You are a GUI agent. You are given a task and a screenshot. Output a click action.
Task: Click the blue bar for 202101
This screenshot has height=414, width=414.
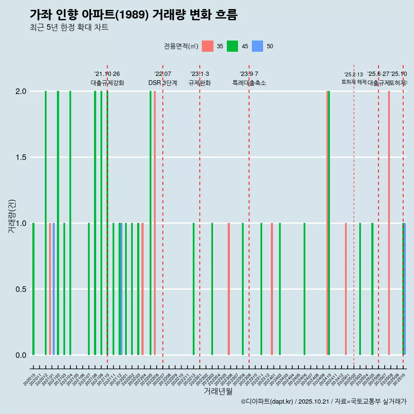[53, 289]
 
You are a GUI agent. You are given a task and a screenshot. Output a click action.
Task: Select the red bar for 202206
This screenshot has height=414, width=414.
[155, 223]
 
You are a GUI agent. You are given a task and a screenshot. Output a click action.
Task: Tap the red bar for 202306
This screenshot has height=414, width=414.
[229, 289]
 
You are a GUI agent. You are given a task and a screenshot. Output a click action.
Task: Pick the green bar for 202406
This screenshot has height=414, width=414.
[304, 289]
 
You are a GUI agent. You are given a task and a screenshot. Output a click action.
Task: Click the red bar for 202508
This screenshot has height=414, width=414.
[389, 223]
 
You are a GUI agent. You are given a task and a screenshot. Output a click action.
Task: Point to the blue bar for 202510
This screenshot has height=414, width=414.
[405, 289]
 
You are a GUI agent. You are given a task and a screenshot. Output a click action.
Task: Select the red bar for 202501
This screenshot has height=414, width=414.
[346, 289]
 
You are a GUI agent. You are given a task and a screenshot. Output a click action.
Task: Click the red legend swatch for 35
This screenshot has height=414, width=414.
[207, 46]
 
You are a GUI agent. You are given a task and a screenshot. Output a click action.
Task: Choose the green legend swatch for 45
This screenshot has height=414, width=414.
[232, 46]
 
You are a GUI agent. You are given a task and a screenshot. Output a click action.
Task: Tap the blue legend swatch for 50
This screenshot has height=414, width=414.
[257, 46]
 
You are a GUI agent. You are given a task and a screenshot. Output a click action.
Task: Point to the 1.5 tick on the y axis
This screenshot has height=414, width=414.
[21, 157]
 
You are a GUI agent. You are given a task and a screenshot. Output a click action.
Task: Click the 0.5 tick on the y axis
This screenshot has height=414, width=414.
[21, 289]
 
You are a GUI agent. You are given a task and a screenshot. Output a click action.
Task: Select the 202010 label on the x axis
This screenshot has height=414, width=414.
[30, 381]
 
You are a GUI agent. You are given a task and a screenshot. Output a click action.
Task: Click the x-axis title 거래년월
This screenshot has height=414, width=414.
[218, 391]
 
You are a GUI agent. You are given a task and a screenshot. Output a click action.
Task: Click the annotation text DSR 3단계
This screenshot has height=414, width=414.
[163, 83]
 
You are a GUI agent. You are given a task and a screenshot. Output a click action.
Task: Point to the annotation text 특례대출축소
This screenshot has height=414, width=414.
[249, 83]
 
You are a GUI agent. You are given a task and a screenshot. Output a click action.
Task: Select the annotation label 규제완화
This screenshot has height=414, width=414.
[200, 83]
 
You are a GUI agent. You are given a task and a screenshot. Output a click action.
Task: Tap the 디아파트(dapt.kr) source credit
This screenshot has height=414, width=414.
[267, 401]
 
